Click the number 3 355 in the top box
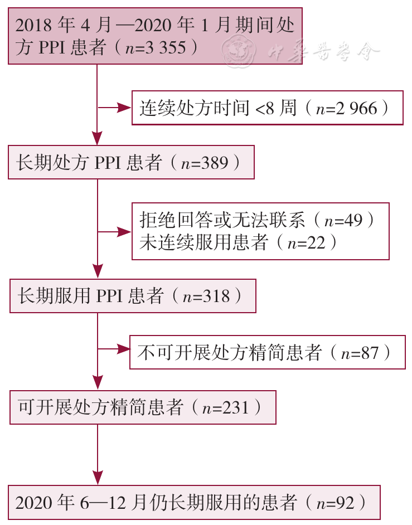point(166,47)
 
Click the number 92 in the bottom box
point(345,503)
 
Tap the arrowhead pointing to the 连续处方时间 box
point(124,108)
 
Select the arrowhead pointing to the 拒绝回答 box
point(124,232)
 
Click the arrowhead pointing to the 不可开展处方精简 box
point(123,349)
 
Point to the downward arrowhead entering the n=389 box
point(97,138)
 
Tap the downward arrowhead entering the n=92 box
point(98,478)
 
